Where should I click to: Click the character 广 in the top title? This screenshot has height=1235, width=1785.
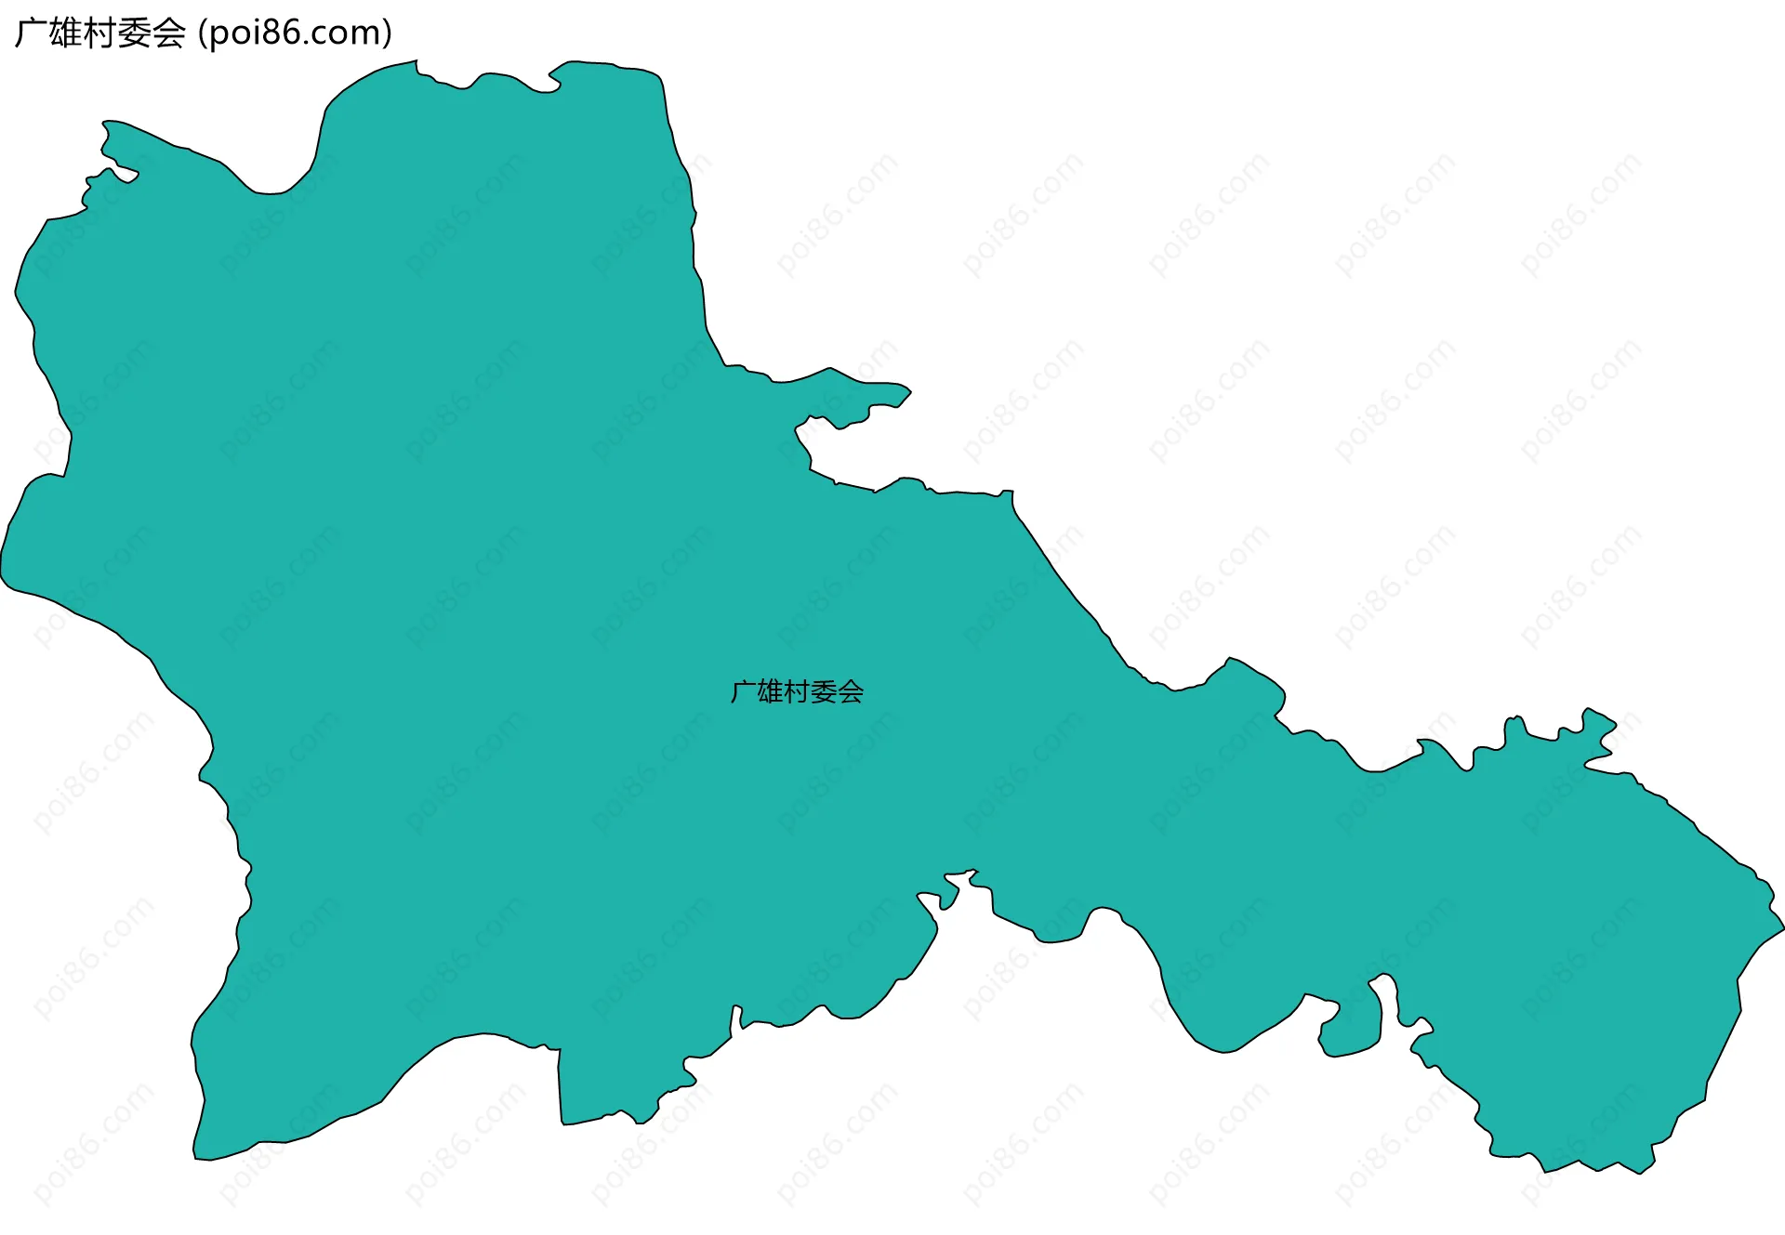[x=32, y=33]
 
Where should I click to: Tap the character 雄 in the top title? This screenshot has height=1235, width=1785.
[x=66, y=33]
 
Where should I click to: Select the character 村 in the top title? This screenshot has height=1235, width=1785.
[x=100, y=33]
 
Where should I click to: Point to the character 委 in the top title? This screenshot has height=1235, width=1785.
[x=135, y=33]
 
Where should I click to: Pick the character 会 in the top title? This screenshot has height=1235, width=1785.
[x=169, y=33]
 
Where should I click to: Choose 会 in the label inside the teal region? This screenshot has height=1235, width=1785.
[x=851, y=692]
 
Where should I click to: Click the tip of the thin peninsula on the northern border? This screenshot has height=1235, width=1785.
[x=909, y=392]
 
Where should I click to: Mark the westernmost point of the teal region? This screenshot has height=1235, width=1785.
[x=2, y=567]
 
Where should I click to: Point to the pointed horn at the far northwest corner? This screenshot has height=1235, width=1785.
[x=105, y=123]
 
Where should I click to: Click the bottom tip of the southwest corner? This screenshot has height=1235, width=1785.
[x=196, y=1158]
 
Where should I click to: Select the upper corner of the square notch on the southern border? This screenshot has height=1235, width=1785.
[x=559, y=1050]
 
